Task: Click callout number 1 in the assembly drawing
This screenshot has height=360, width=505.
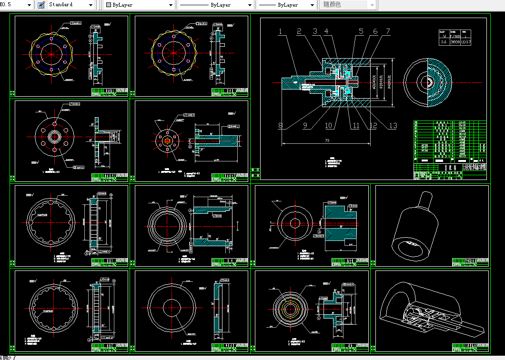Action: (x=281, y=32)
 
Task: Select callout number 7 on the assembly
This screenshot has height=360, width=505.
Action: (x=388, y=32)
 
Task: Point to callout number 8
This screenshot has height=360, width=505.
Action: (x=281, y=126)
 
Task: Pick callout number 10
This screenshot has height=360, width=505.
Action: (x=329, y=126)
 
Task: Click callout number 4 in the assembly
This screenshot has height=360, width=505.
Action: (x=326, y=32)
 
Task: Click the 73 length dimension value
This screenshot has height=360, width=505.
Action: (x=327, y=140)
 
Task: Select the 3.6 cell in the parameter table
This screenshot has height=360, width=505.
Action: (x=444, y=42)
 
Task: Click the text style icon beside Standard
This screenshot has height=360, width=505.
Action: (x=41, y=5)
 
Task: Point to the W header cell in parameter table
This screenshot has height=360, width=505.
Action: (x=444, y=36)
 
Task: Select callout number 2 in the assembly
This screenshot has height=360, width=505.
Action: (x=299, y=32)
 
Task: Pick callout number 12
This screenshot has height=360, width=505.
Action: (x=373, y=126)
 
